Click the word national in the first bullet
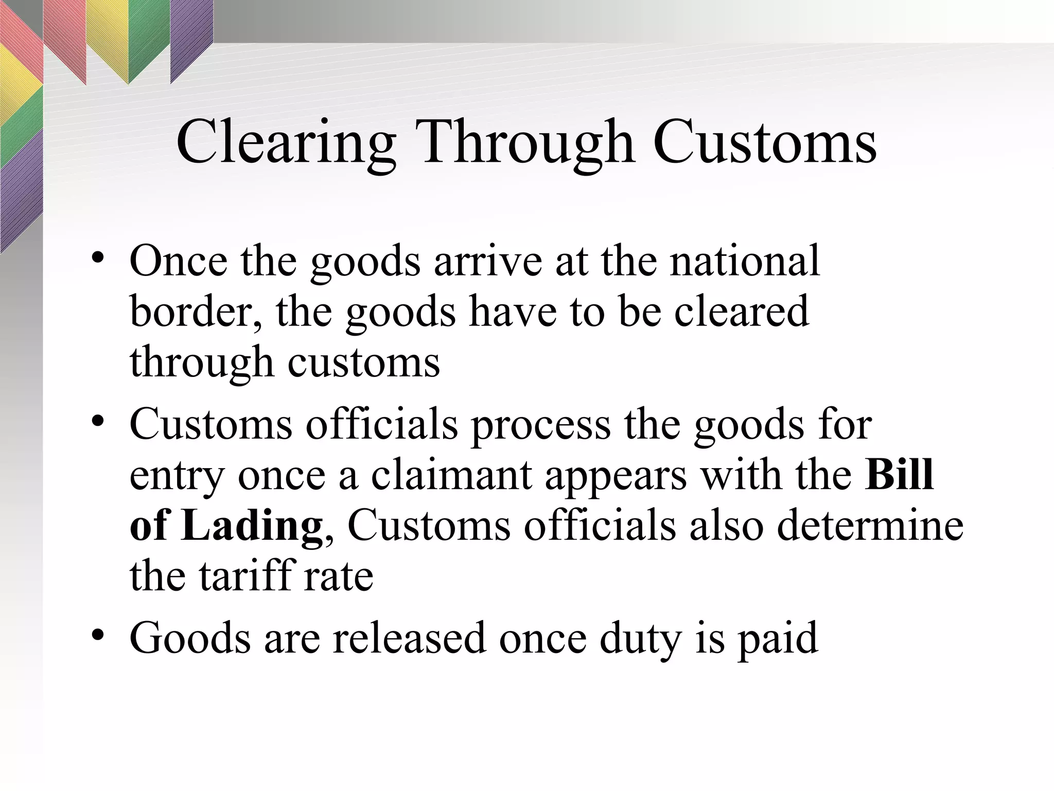[744, 261]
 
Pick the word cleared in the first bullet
[742, 312]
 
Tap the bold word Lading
[252, 526]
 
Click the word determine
[870, 526]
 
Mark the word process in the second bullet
[540, 425]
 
